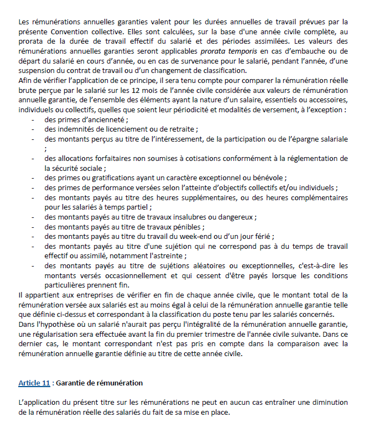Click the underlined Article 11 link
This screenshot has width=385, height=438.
click(34, 383)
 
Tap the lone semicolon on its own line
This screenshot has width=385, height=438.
click(46, 148)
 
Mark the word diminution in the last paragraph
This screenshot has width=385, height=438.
click(329, 402)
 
